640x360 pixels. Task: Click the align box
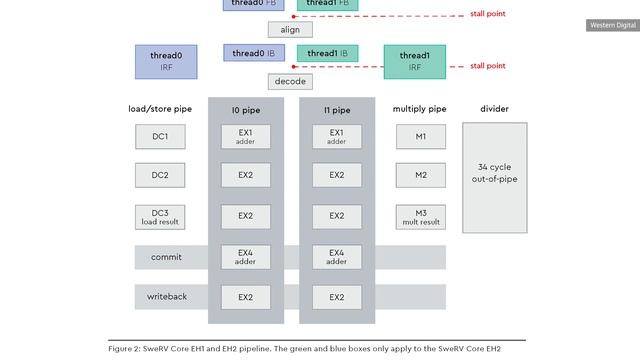point(290,30)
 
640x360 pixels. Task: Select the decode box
point(290,81)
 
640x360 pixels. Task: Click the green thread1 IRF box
point(414,61)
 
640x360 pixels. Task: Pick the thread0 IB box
point(254,53)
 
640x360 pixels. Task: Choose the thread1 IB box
point(328,53)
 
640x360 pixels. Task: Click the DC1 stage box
point(160,136)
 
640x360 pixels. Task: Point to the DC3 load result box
point(160,216)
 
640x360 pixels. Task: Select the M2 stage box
point(421,176)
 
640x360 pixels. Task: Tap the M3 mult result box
point(421,216)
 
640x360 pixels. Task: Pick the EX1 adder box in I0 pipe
point(245,136)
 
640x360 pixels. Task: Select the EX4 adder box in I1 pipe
point(336,256)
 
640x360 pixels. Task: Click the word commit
point(166,257)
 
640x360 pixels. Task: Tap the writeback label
point(166,297)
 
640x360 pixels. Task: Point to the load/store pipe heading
point(160,108)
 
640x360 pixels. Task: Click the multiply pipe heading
point(420,108)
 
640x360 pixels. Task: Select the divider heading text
point(494,108)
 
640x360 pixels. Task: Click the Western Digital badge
point(610,25)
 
